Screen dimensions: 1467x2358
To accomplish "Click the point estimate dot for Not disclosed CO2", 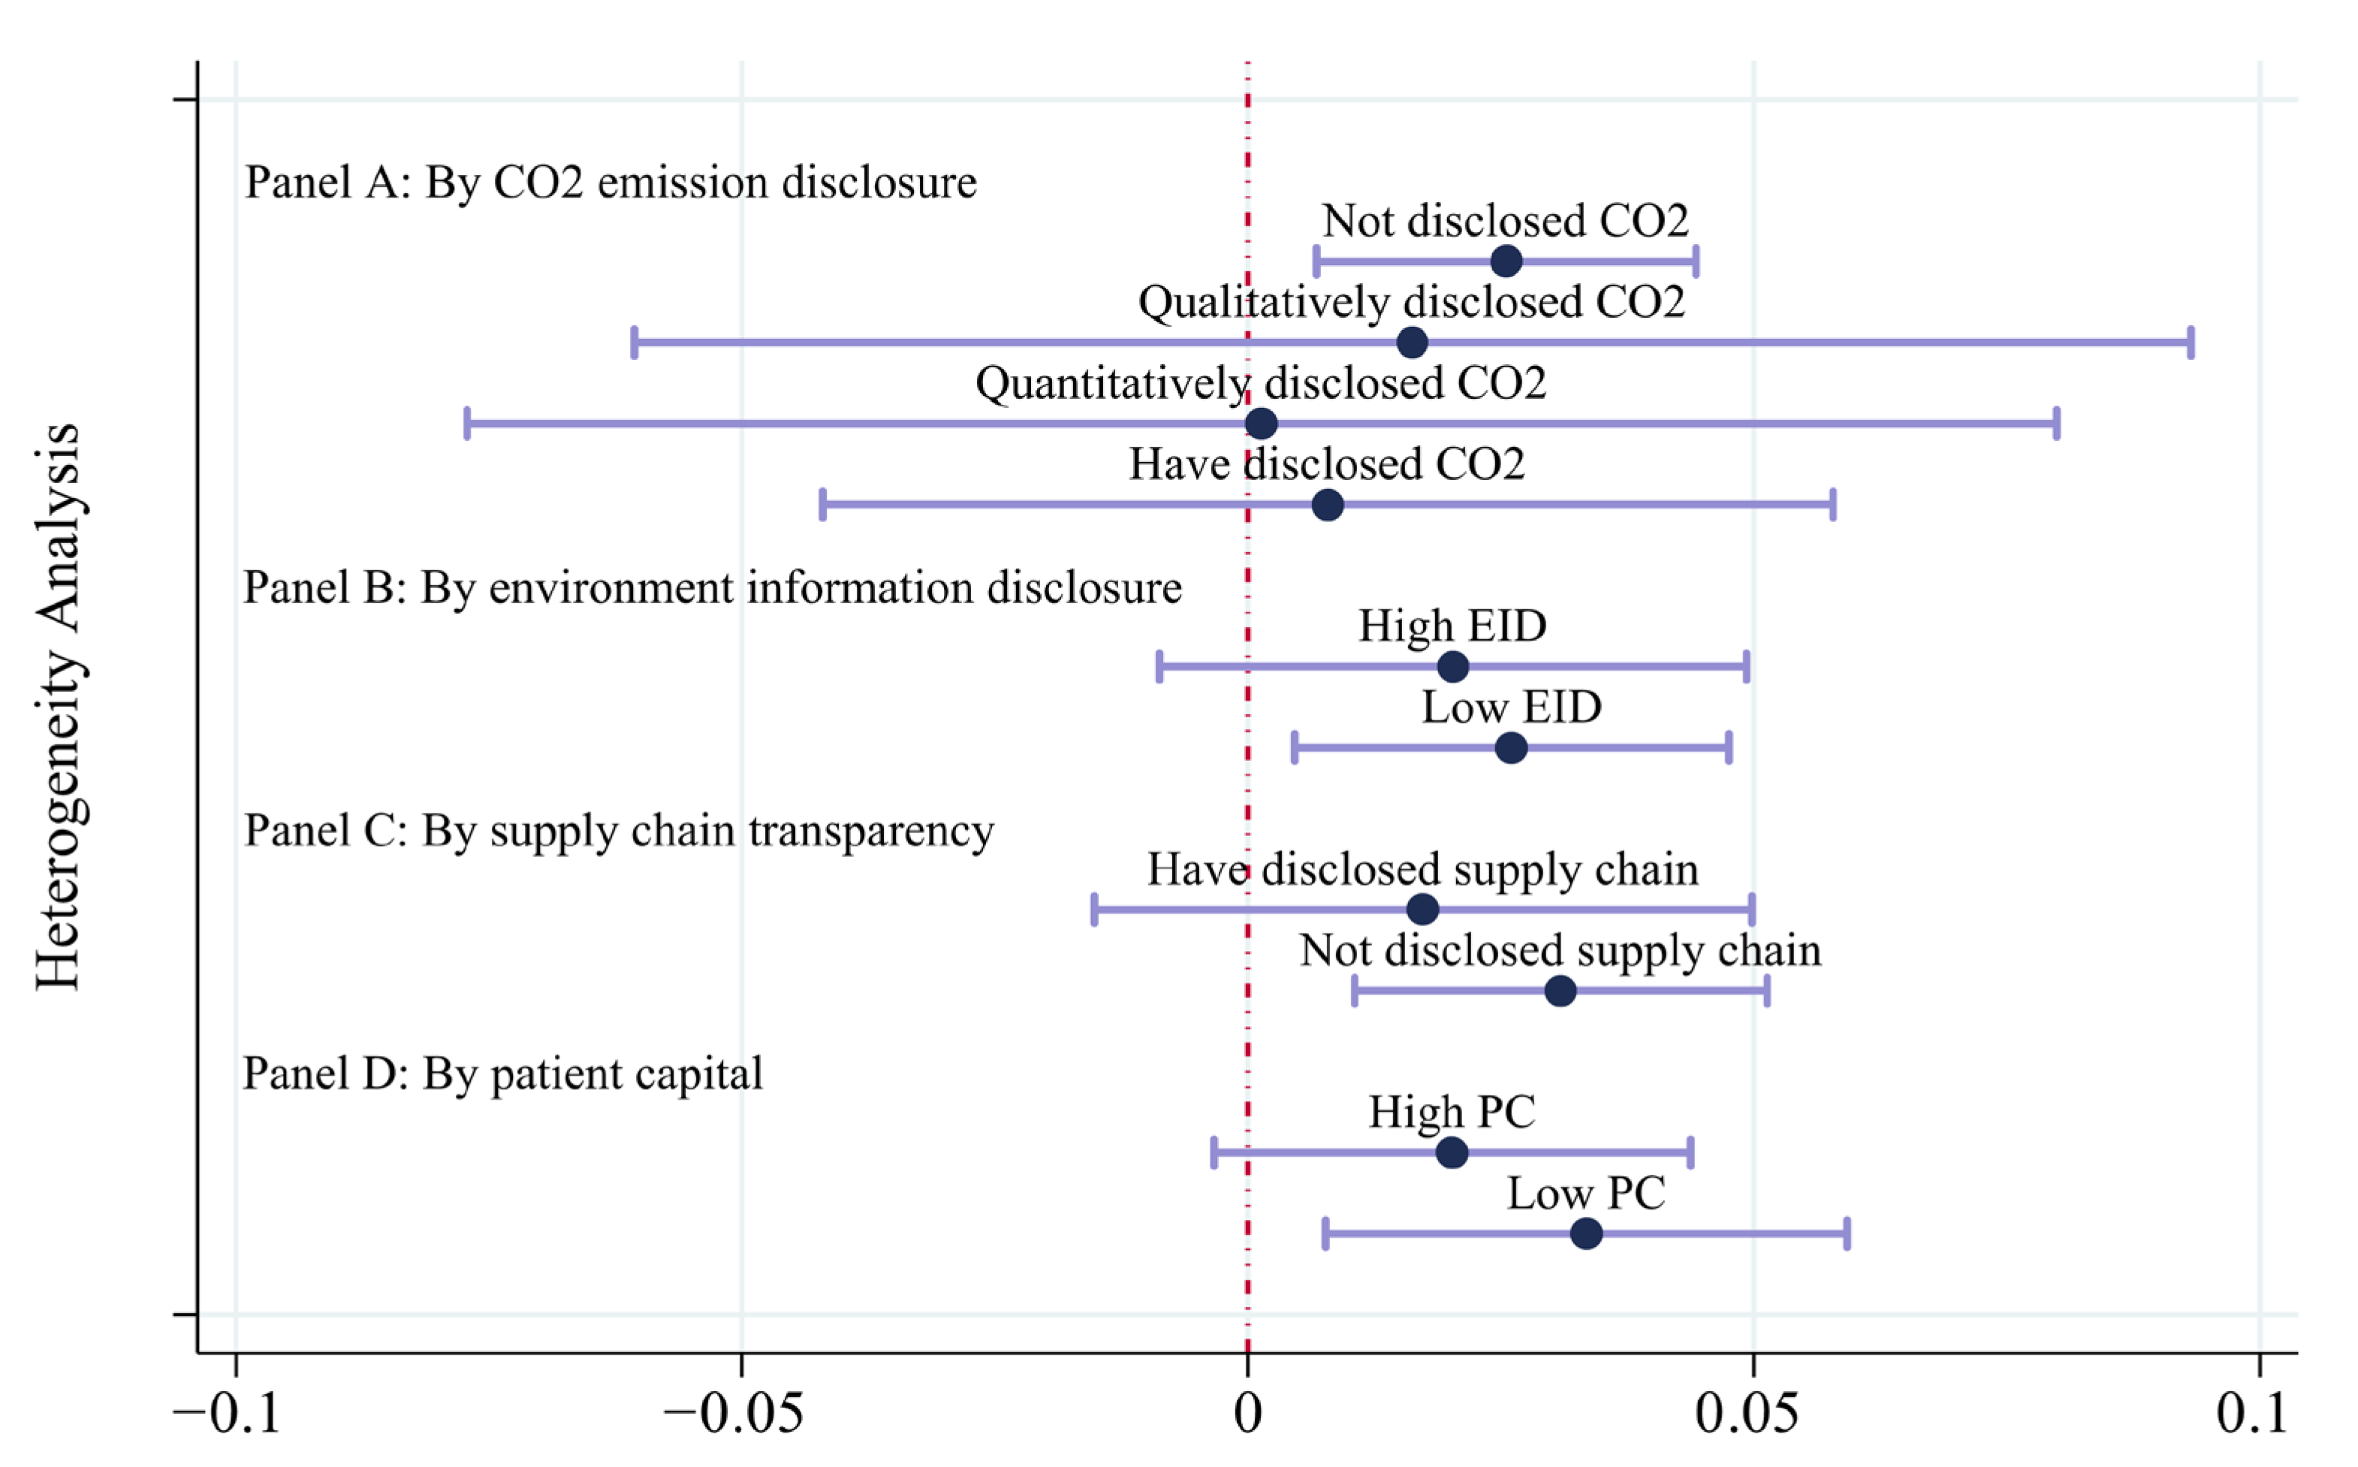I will (x=1506, y=261).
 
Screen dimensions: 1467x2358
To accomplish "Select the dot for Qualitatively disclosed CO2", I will (x=1413, y=343).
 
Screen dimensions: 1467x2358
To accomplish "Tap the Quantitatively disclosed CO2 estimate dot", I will (x=1261, y=424).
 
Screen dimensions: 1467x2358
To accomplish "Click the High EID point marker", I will (x=1453, y=666).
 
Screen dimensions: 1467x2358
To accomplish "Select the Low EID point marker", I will (x=1511, y=748).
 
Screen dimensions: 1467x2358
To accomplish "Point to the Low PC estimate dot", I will (x=1586, y=1234).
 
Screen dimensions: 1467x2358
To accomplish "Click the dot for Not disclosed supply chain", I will (x=1560, y=991).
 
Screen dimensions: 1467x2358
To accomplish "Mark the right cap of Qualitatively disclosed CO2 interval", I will (x=2191, y=343).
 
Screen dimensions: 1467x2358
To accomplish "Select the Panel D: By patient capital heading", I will (x=502, y=1074).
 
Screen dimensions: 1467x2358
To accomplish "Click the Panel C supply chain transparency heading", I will (x=619, y=832).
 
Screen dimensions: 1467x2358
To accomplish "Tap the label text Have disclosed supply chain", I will (x=1423, y=869).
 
